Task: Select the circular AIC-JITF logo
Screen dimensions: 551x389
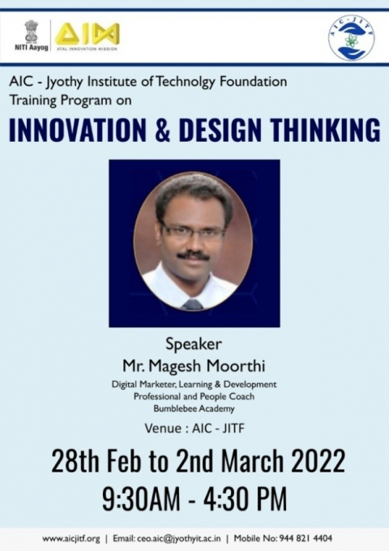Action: tap(351, 38)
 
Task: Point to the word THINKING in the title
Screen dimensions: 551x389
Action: tap(323, 129)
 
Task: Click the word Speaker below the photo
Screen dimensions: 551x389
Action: tap(194, 340)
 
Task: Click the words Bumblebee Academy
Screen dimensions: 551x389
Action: tap(194, 408)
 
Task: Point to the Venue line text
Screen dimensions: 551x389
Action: tap(194, 427)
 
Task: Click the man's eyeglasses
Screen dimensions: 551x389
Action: tap(192, 230)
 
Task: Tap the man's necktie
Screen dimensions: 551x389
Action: tap(193, 304)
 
